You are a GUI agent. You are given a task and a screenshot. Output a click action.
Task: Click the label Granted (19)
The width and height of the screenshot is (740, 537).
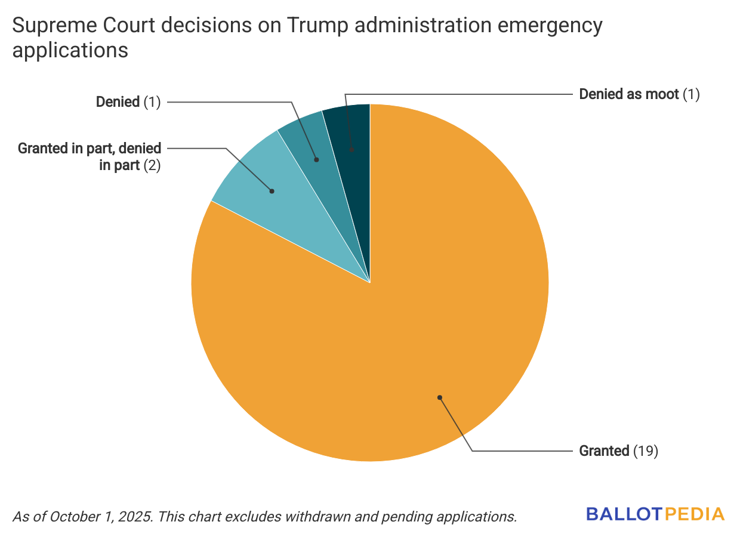[x=618, y=451]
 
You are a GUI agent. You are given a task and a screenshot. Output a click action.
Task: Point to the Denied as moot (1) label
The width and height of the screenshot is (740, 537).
[x=639, y=94]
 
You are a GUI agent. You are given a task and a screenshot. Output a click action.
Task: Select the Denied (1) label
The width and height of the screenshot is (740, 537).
[x=128, y=102]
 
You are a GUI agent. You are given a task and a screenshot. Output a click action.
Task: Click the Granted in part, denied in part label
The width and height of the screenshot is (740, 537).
[x=90, y=157]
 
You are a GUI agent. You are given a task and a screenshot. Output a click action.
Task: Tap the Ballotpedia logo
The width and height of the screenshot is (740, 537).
[x=655, y=514]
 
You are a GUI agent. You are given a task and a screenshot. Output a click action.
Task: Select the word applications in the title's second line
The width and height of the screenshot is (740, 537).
[x=70, y=50]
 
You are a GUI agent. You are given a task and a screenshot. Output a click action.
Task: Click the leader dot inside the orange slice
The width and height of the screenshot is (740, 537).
[x=440, y=397]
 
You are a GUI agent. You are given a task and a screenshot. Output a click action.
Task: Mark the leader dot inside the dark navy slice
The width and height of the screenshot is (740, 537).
[x=352, y=150]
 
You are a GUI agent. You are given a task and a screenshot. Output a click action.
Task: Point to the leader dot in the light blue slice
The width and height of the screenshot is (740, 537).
[x=272, y=192]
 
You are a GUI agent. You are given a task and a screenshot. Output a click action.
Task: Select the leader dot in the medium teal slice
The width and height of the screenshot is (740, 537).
[x=316, y=160]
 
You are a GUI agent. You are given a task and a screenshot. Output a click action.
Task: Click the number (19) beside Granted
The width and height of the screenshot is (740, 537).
[x=646, y=451]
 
